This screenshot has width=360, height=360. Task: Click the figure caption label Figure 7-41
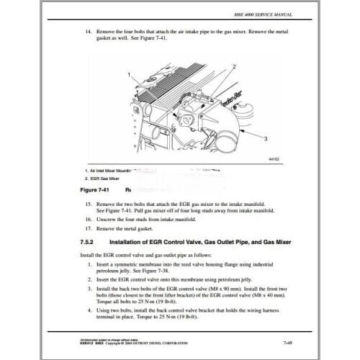tap(91, 191)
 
